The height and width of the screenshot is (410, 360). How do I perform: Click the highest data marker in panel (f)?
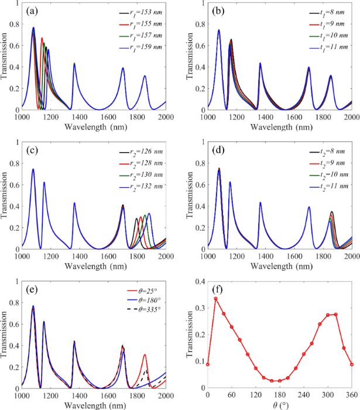click(215, 298)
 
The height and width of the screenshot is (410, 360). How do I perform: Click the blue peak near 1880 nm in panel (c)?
click(149, 213)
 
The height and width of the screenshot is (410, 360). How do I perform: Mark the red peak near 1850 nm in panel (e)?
click(145, 354)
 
